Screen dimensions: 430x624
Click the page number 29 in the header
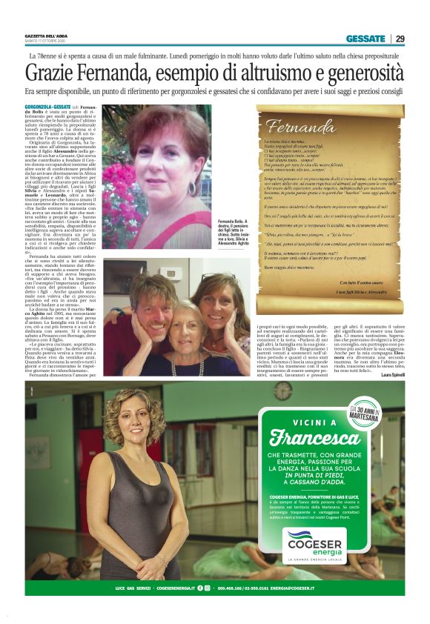click(x=400, y=39)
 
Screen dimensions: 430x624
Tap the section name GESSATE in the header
click(x=365, y=39)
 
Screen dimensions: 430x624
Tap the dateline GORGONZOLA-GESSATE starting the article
click(x=47, y=107)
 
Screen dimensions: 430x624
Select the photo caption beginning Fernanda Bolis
click(x=234, y=234)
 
